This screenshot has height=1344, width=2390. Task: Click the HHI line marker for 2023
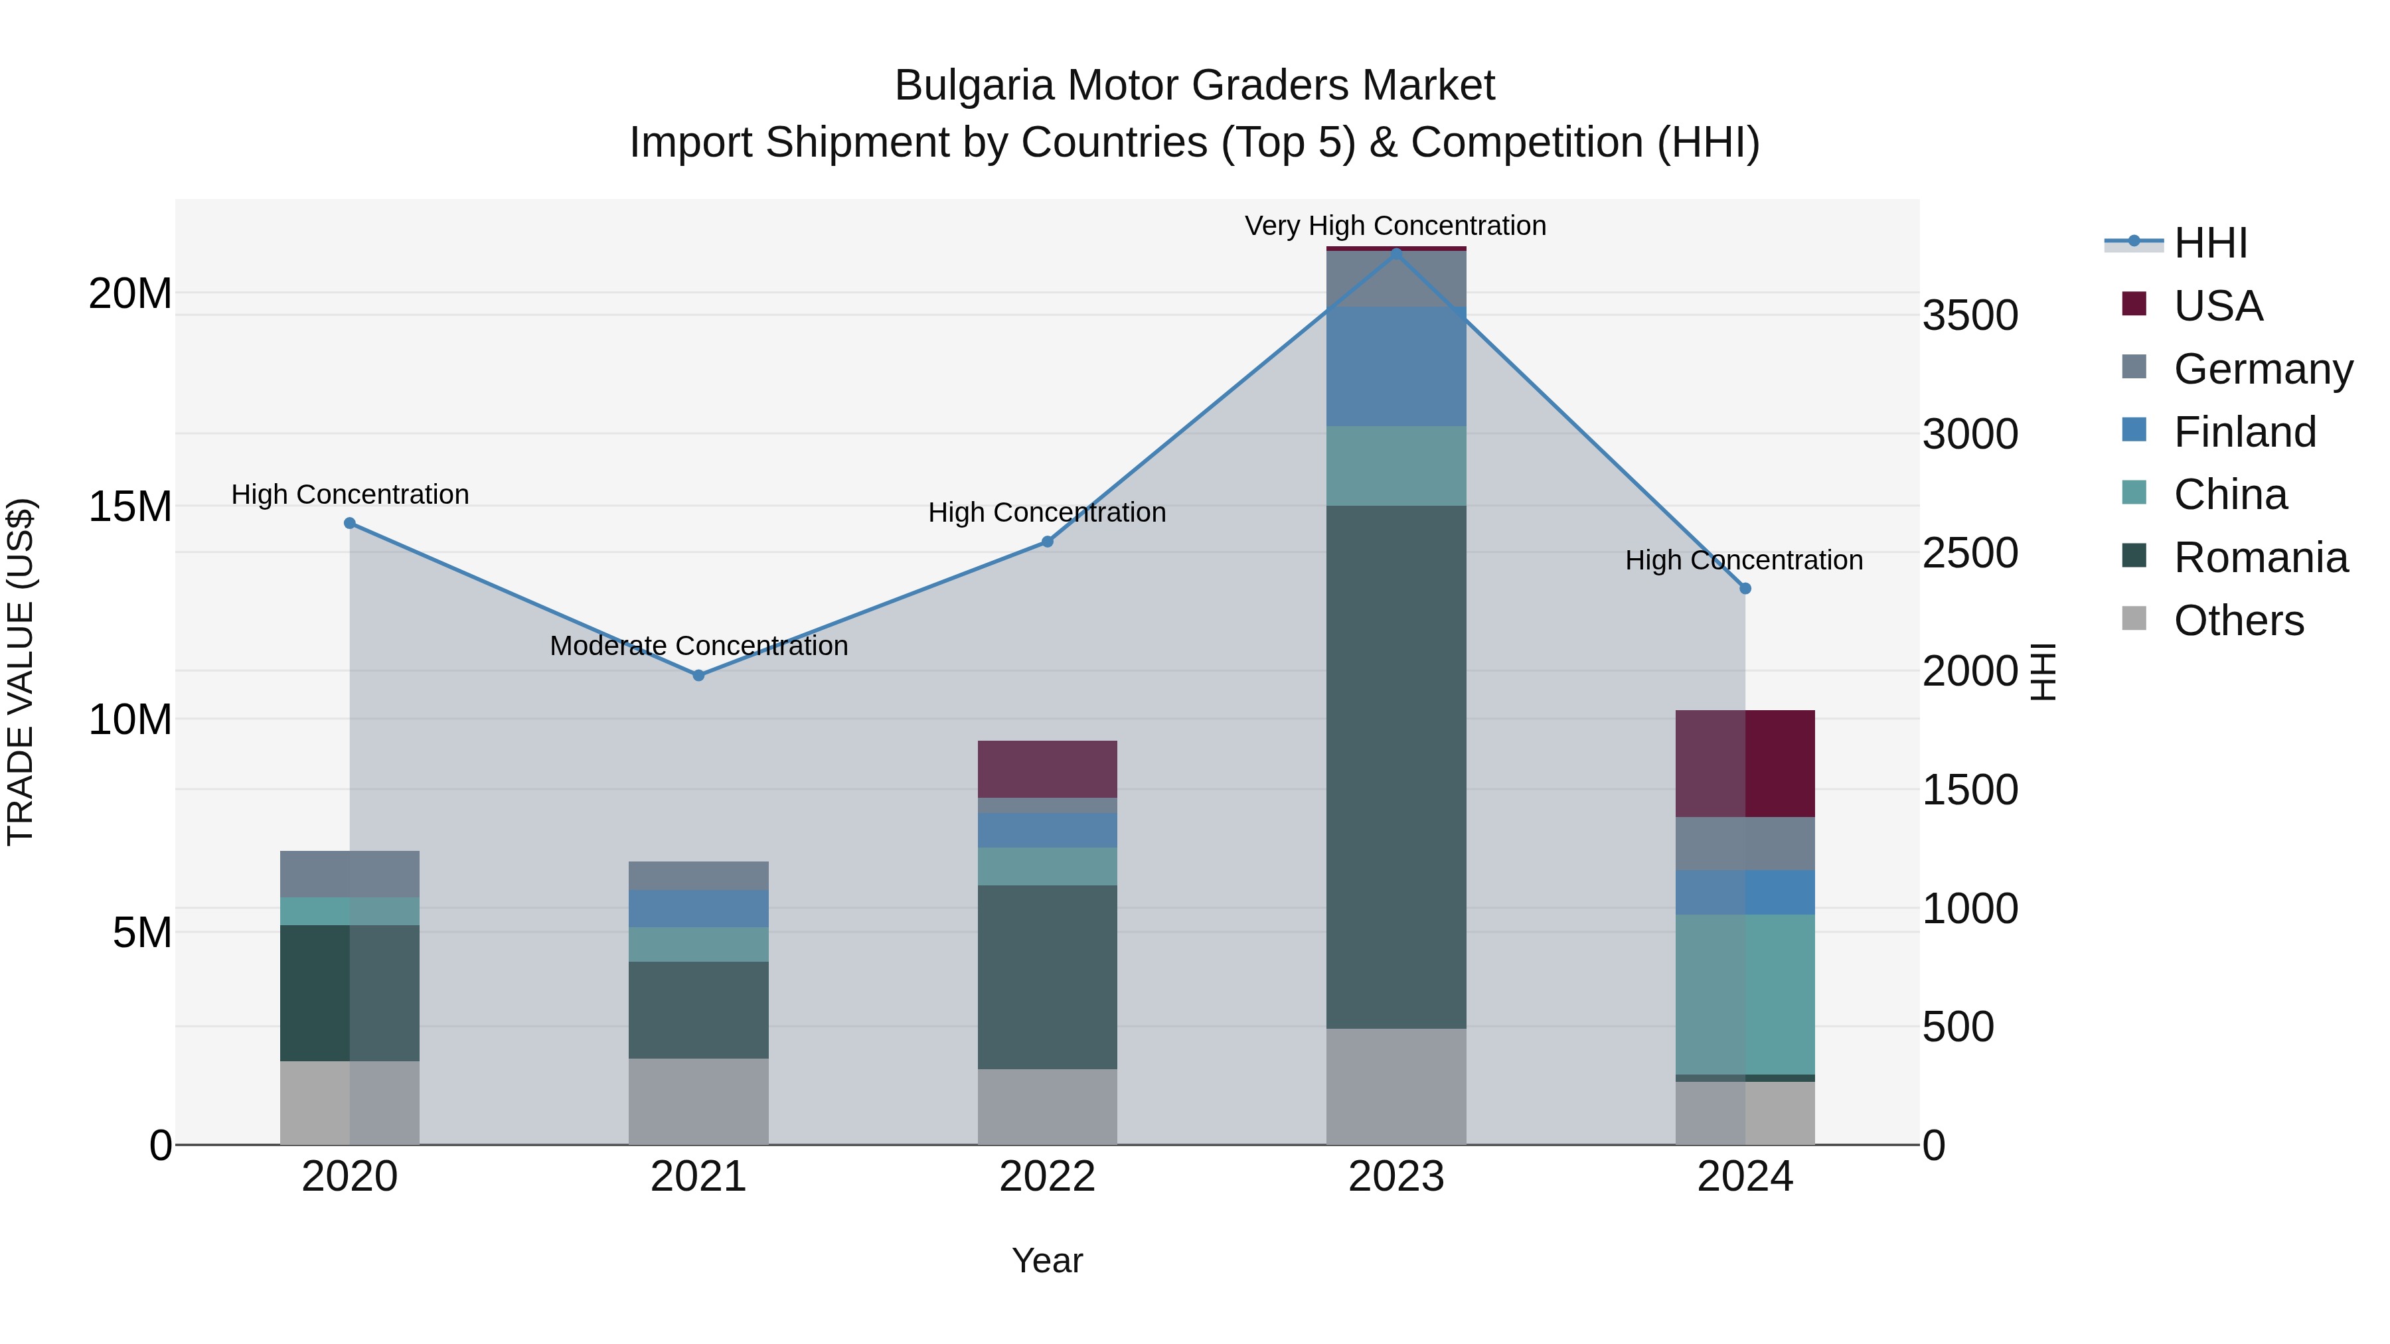pos(1396,254)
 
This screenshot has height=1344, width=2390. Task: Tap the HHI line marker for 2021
pos(698,675)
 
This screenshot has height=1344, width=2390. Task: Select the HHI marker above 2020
pos(350,523)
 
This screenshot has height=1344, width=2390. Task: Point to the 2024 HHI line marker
pos(1745,588)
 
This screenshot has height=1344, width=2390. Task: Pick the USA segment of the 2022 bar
pos(1048,769)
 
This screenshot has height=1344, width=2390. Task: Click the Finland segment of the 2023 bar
pos(1396,366)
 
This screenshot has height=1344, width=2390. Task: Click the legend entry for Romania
pos(2260,558)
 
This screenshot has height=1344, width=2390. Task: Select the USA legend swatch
pos(2134,304)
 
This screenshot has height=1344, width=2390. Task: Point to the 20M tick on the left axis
pos(130,294)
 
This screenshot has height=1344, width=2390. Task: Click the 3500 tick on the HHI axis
pos(1970,315)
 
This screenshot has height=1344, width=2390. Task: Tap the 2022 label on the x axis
pos(1048,1177)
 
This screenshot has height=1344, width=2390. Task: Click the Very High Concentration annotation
pos(1395,226)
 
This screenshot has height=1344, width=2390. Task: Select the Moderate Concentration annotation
pos(698,646)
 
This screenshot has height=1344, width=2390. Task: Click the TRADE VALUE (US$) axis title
pos(21,672)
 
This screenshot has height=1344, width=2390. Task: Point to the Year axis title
pos(1048,1260)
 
